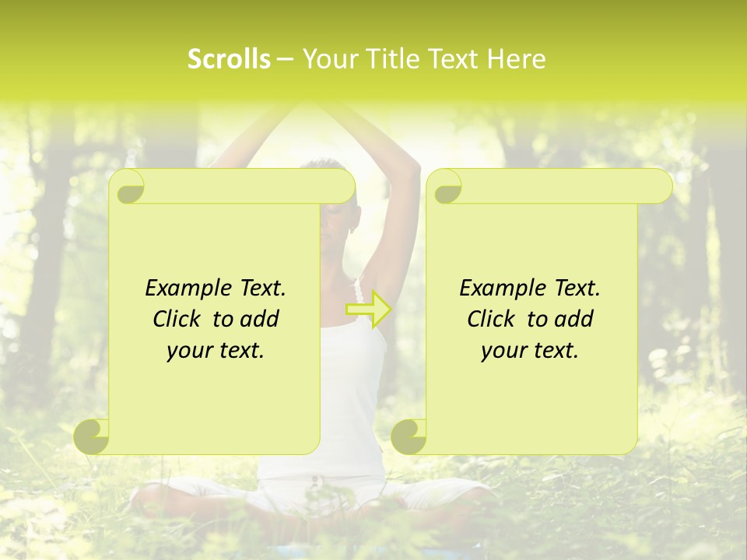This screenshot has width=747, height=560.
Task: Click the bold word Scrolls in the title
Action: [229, 59]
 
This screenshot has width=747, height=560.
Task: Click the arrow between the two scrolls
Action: [368, 310]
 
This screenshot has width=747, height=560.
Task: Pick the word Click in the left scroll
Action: [179, 320]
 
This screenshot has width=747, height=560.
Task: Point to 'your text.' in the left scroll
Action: [216, 351]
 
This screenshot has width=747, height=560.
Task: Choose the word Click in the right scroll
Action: [493, 320]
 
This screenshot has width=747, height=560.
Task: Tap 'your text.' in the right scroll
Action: [530, 351]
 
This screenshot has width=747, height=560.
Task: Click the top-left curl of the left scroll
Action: [127, 187]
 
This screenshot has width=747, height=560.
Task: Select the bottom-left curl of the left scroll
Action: [92, 436]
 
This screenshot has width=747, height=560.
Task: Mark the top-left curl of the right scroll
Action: [444, 187]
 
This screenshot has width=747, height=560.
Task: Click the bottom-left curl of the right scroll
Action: [409, 436]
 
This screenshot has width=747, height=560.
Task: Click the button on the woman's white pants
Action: [314, 481]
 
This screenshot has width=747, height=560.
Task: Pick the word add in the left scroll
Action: [259, 320]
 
